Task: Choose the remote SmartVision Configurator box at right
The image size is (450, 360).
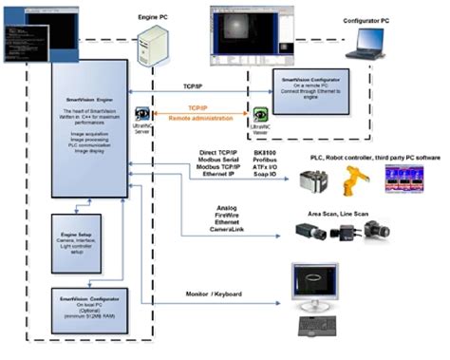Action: click(317, 94)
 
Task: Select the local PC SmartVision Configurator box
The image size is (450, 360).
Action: click(86, 311)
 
